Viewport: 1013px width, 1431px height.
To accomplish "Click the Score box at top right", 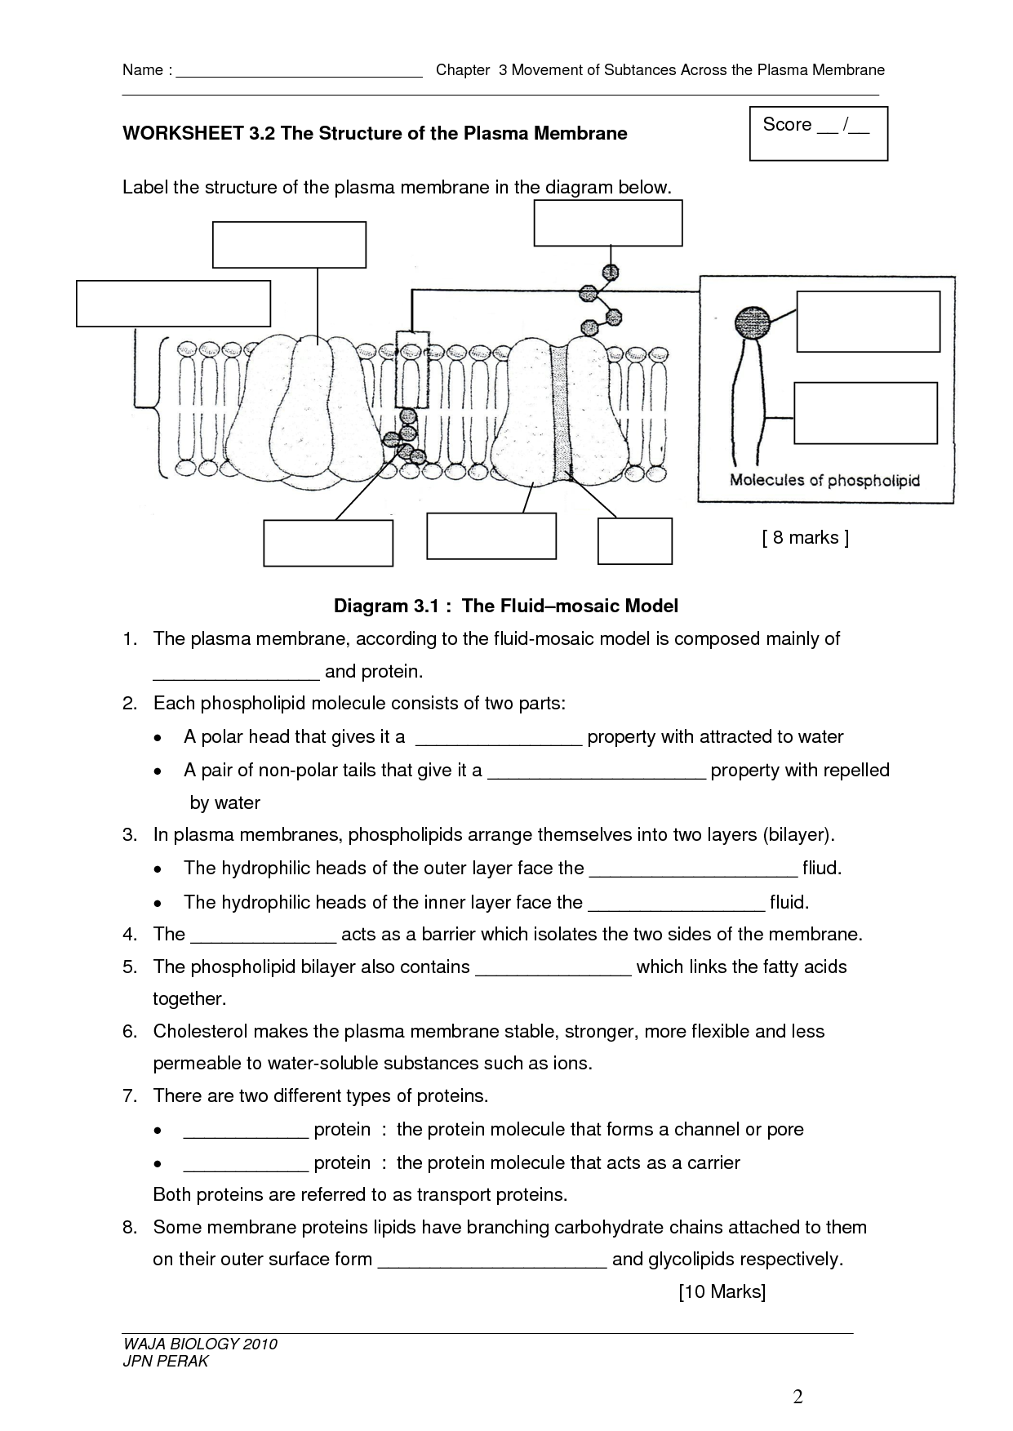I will click(x=818, y=133).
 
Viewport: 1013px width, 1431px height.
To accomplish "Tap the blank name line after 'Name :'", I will click(x=299, y=71).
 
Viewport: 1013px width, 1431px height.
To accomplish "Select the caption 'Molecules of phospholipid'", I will click(x=824, y=481).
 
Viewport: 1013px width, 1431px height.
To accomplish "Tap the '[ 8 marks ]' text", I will click(x=805, y=538).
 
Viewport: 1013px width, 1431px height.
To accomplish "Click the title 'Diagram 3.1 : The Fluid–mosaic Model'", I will click(x=506, y=607).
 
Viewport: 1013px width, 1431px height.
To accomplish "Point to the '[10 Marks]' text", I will click(x=722, y=1292).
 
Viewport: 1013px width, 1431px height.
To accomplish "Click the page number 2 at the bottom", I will click(x=798, y=1398).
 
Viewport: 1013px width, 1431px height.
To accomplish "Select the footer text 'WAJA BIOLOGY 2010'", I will click(x=200, y=1344).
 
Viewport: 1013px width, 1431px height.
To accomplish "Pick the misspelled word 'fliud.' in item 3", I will click(x=821, y=869).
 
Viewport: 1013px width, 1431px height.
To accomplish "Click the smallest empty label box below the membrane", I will click(x=634, y=541).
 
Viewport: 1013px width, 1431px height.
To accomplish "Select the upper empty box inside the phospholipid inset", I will click(x=868, y=322).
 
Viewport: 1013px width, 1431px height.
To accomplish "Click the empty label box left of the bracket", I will click(x=173, y=304).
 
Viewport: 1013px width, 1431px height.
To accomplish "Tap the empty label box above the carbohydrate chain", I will click(x=607, y=223).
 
